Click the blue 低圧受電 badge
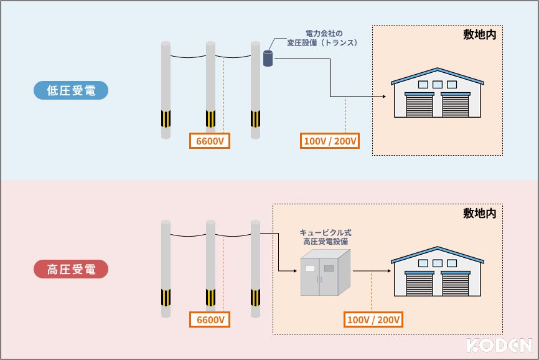71,90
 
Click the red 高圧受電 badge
71,269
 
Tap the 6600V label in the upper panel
210,141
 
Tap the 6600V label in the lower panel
210,320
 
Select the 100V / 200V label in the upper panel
330,141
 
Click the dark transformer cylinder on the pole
268,59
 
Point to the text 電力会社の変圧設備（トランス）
322,38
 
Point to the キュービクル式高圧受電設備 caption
326,237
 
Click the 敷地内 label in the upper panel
479,35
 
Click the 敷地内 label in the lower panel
479,214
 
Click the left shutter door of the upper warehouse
419,105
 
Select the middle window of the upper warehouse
438,84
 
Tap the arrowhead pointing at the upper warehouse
383,97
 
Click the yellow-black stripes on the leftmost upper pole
166,118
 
